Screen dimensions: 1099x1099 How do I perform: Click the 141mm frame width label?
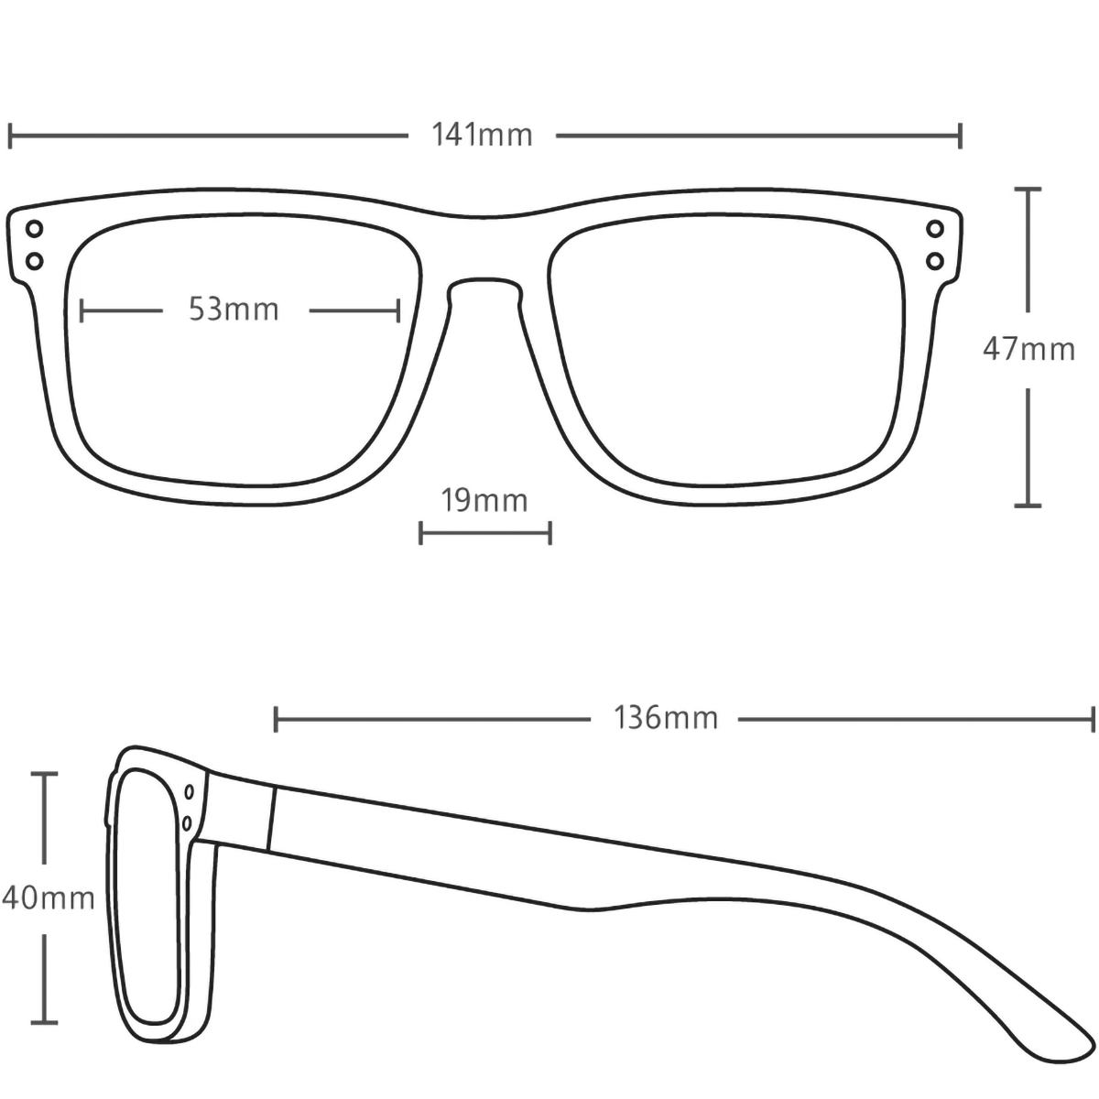click(482, 136)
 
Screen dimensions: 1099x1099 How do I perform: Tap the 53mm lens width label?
click(234, 310)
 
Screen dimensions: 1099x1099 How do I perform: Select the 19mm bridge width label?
click(484, 500)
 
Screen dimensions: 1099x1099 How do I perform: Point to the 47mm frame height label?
click(1028, 349)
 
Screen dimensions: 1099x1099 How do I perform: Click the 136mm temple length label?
click(666, 717)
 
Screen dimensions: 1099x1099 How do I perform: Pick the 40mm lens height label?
click(48, 898)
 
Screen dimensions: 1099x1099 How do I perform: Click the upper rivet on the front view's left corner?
click(35, 229)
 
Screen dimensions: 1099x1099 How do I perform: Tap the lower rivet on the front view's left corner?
click(35, 261)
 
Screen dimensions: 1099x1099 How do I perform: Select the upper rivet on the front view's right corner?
click(935, 229)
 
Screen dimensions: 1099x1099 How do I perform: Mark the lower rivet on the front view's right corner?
click(935, 261)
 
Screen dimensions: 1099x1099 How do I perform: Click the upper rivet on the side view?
click(190, 792)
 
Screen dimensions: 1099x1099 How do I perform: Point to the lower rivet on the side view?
click(187, 823)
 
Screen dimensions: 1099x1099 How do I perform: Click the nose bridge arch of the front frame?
click(484, 280)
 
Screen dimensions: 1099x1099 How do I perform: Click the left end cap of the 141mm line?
click(10, 136)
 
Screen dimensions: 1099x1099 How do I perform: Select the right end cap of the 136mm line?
click(1093, 719)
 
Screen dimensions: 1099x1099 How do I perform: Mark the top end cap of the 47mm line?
click(1028, 189)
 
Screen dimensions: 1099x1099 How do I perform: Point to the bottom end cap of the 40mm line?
click(44, 1022)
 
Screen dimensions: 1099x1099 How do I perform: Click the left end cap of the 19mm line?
click(420, 533)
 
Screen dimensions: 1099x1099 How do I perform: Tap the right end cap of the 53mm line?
click(398, 310)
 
